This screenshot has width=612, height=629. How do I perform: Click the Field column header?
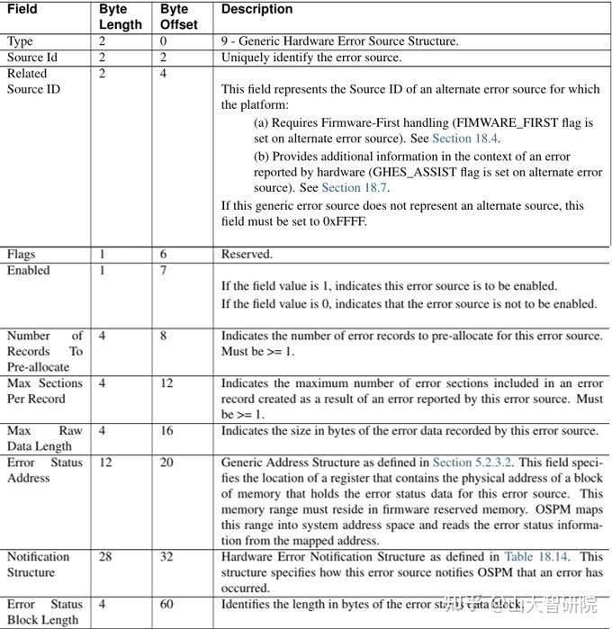click(x=22, y=9)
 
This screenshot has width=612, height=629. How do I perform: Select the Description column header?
click(x=257, y=9)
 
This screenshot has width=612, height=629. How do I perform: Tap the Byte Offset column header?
click(x=179, y=16)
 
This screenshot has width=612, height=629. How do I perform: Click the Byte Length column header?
click(x=120, y=16)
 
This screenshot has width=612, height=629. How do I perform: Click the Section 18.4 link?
click(x=465, y=139)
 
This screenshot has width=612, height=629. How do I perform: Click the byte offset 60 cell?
click(x=167, y=605)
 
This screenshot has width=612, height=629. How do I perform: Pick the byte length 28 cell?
click(x=105, y=557)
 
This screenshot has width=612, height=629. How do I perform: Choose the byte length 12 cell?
click(x=105, y=463)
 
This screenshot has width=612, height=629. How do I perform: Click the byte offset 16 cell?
click(x=167, y=431)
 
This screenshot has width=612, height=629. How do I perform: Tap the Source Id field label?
click(x=32, y=58)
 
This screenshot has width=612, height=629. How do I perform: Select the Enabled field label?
click(x=29, y=270)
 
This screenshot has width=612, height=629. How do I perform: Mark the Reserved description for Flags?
click(x=247, y=254)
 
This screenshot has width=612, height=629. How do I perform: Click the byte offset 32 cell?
click(x=167, y=557)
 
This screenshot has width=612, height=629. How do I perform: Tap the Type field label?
click(x=20, y=41)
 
